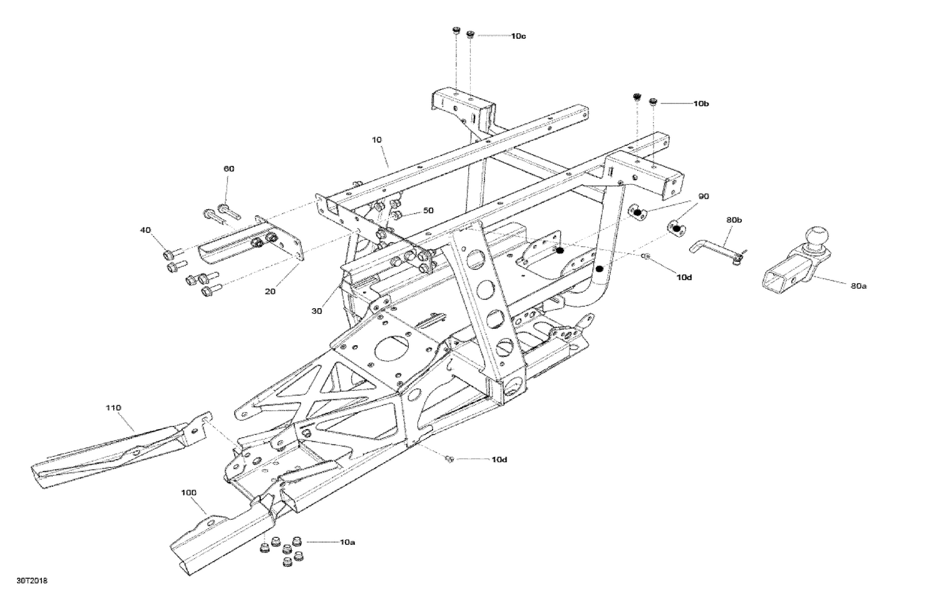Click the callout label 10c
tap(518, 36)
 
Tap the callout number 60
tap(229, 168)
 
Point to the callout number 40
tap(145, 230)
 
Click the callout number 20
tap(270, 291)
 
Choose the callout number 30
tap(317, 311)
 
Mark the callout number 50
tap(428, 210)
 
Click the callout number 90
tap(704, 197)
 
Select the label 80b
tap(734, 220)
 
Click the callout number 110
tap(113, 408)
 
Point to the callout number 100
tap(188, 492)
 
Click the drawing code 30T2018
tap(33, 581)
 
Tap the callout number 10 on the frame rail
tap(376, 140)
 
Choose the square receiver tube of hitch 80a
tap(782, 276)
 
